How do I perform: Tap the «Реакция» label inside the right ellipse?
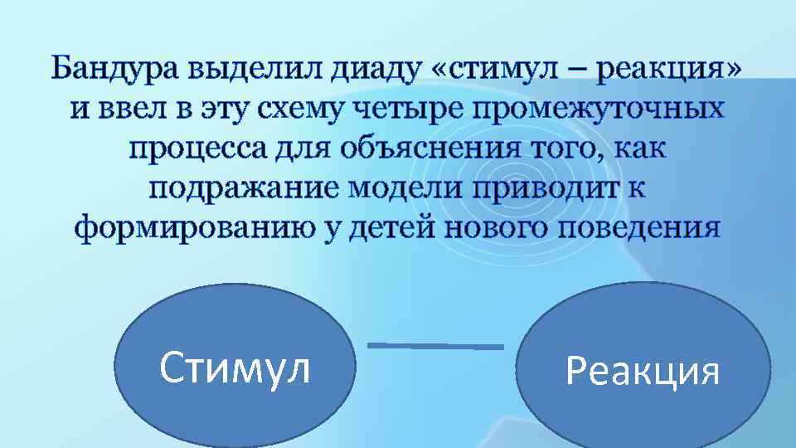coord(643,371)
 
